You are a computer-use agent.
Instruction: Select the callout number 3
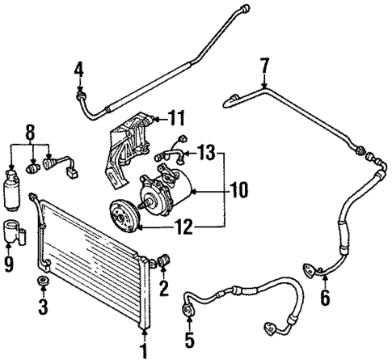pos(42,307)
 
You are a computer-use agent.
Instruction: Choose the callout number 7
pos(264,64)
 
